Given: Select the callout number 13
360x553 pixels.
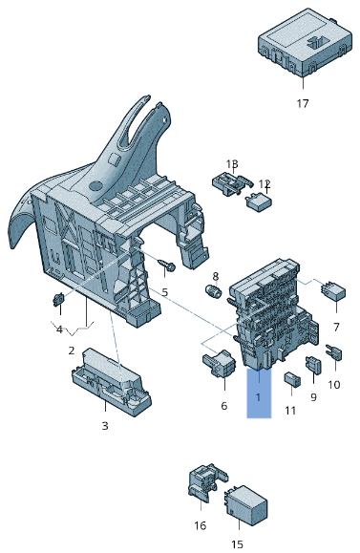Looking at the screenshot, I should click(x=232, y=164).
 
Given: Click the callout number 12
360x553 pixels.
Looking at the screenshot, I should click(x=265, y=183).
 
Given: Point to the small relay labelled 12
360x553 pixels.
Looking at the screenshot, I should click(x=259, y=201).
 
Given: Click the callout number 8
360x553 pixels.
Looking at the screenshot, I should click(x=215, y=276).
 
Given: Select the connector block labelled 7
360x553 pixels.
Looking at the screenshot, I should click(x=334, y=291).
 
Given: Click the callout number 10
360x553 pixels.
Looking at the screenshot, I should click(x=334, y=384).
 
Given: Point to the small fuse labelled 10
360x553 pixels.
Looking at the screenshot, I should click(x=332, y=356).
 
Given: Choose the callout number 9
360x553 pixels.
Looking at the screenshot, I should click(x=312, y=396).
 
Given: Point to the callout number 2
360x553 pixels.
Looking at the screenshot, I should click(x=71, y=351).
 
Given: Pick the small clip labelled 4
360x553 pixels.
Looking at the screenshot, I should click(x=57, y=301).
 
